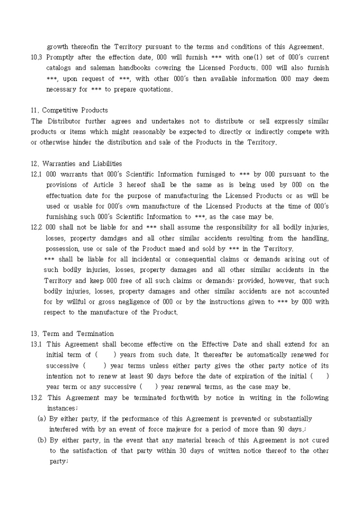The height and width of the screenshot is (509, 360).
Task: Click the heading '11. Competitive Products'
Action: [x=69, y=111]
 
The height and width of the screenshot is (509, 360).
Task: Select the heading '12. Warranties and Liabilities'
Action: [x=76, y=164]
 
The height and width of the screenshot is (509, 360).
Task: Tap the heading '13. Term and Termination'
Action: [x=72, y=334]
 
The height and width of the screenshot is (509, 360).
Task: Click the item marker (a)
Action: [x=41, y=419]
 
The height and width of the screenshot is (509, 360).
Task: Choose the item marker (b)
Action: [x=41, y=440]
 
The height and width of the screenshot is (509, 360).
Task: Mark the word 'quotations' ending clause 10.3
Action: [x=154, y=89]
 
